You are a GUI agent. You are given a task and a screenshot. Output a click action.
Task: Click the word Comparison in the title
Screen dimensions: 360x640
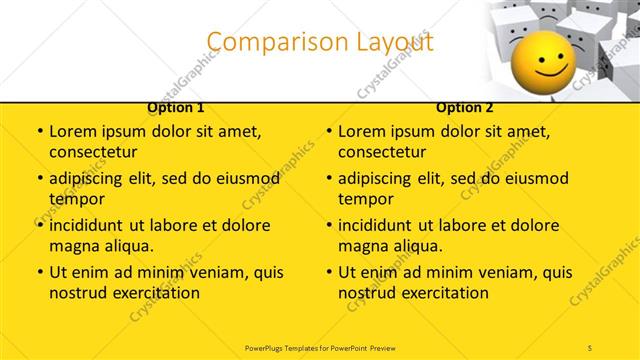click(265, 42)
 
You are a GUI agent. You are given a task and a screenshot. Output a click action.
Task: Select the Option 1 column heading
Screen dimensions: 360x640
click(175, 107)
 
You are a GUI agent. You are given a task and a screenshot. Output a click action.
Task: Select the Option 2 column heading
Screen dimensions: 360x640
click(465, 107)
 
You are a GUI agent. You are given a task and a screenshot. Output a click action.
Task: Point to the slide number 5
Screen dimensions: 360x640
click(591, 346)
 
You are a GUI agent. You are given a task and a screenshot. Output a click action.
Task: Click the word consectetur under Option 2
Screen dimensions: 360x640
click(382, 152)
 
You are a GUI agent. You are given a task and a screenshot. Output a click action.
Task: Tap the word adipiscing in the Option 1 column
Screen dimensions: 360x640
click(88, 179)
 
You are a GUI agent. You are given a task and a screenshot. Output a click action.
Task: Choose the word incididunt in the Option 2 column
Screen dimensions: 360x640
click(380, 225)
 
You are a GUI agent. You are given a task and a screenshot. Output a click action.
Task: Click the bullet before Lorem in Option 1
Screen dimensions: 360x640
click(39, 132)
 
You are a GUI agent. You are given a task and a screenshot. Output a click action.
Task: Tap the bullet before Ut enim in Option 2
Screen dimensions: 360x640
click(329, 272)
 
